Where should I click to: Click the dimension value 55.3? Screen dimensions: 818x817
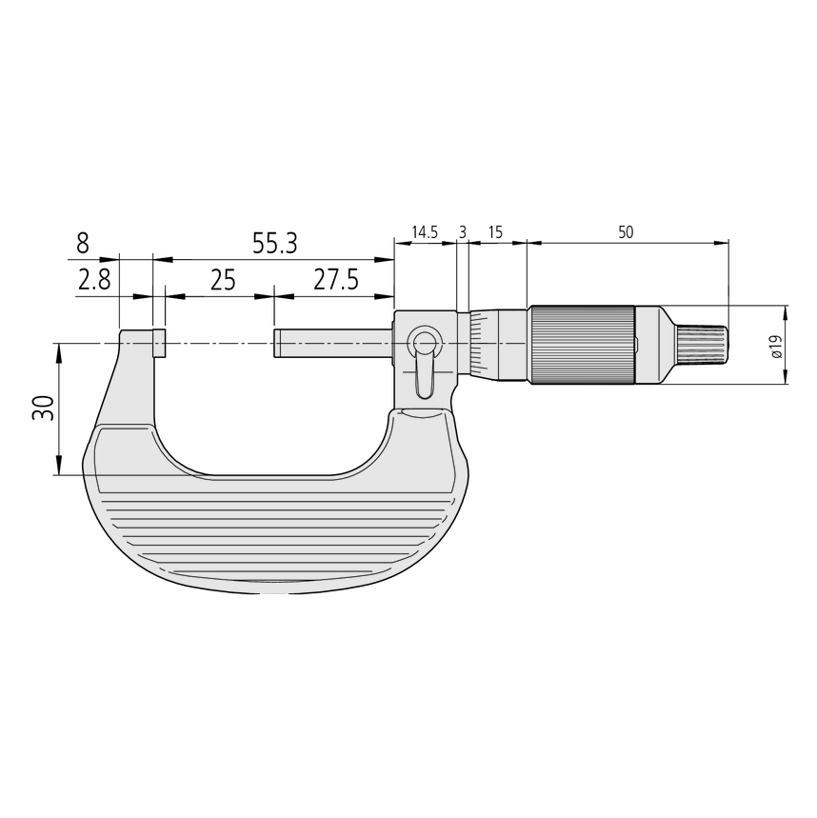click(274, 244)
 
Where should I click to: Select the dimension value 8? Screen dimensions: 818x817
click(83, 243)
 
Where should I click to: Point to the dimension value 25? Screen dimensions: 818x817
click(222, 280)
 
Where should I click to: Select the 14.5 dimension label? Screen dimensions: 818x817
click(424, 232)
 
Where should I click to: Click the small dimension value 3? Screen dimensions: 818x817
click(463, 232)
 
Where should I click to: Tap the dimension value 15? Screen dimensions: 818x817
click(495, 232)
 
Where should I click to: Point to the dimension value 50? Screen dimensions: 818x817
click(625, 232)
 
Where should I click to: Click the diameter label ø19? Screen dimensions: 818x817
click(775, 346)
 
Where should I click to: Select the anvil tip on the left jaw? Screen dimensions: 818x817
click(158, 343)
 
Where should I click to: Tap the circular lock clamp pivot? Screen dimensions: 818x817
click(424, 343)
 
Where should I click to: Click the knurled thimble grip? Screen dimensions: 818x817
click(582, 345)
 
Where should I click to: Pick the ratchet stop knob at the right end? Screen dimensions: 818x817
click(700, 345)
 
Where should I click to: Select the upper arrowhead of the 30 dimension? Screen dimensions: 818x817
click(60, 349)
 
